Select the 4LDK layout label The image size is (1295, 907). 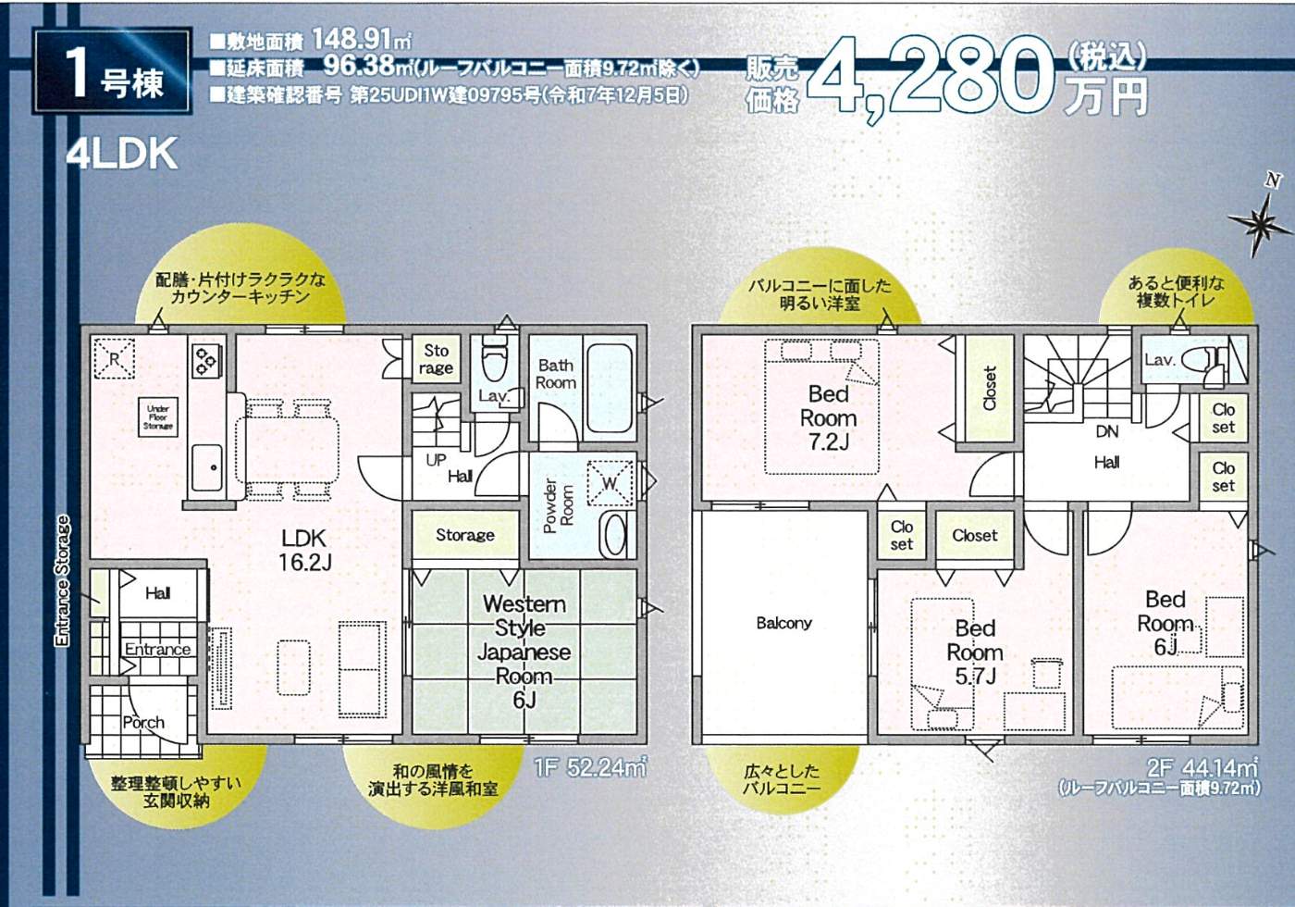click(x=121, y=154)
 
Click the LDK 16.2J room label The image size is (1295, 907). click(x=304, y=550)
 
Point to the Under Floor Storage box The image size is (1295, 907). click(x=158, y=417)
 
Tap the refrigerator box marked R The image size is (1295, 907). click(x=114, y=359)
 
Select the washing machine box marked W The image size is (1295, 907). click(x=610, y=483)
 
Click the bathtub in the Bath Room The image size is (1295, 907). click(x=610, y=388)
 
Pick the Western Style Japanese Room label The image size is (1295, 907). click(x=524, y=652)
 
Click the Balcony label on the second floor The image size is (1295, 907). click(x=784, y=623)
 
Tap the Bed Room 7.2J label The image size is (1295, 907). click(x=829, y=417)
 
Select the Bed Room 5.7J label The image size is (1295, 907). click(x=975, y=652)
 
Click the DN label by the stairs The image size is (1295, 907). click(x=1106, y=431)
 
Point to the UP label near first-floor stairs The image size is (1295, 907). click(x=436, y=461)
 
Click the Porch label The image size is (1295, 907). click(x=143, y=723)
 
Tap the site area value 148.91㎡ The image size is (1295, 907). click(x=362, y=39)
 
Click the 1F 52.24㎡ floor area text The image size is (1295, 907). click(x=589, y=767)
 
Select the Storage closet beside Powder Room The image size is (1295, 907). click(x=465, y=535)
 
